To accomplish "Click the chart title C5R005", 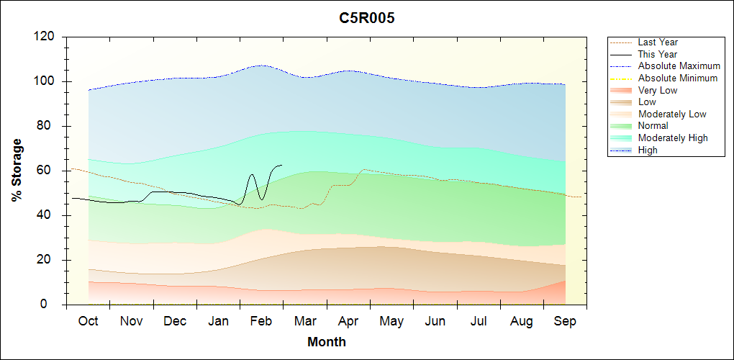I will click(x=367, y=18).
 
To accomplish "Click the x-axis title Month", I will click(x=327, y=342).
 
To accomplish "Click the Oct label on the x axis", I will click(x=88, y=321).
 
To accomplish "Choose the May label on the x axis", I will click(x=391, y=321).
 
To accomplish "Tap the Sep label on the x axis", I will click(x=565, y=321).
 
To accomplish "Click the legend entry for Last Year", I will click(x=658, y=42).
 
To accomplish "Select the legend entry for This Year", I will click(x=658, y=54).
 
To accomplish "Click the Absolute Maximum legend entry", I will click(x=679, y=66).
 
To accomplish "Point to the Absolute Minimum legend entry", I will click(x=678, y=78).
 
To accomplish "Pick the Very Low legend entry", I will click(x=658, y=90).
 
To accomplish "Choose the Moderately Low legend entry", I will click(x=672, y=114).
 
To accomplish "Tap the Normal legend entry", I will click(x=653, y=126).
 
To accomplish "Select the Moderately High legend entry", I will click(x=673, y=138).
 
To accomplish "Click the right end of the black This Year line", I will click(x=282, y=165).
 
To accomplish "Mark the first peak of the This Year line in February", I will click(x=252, y=174).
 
